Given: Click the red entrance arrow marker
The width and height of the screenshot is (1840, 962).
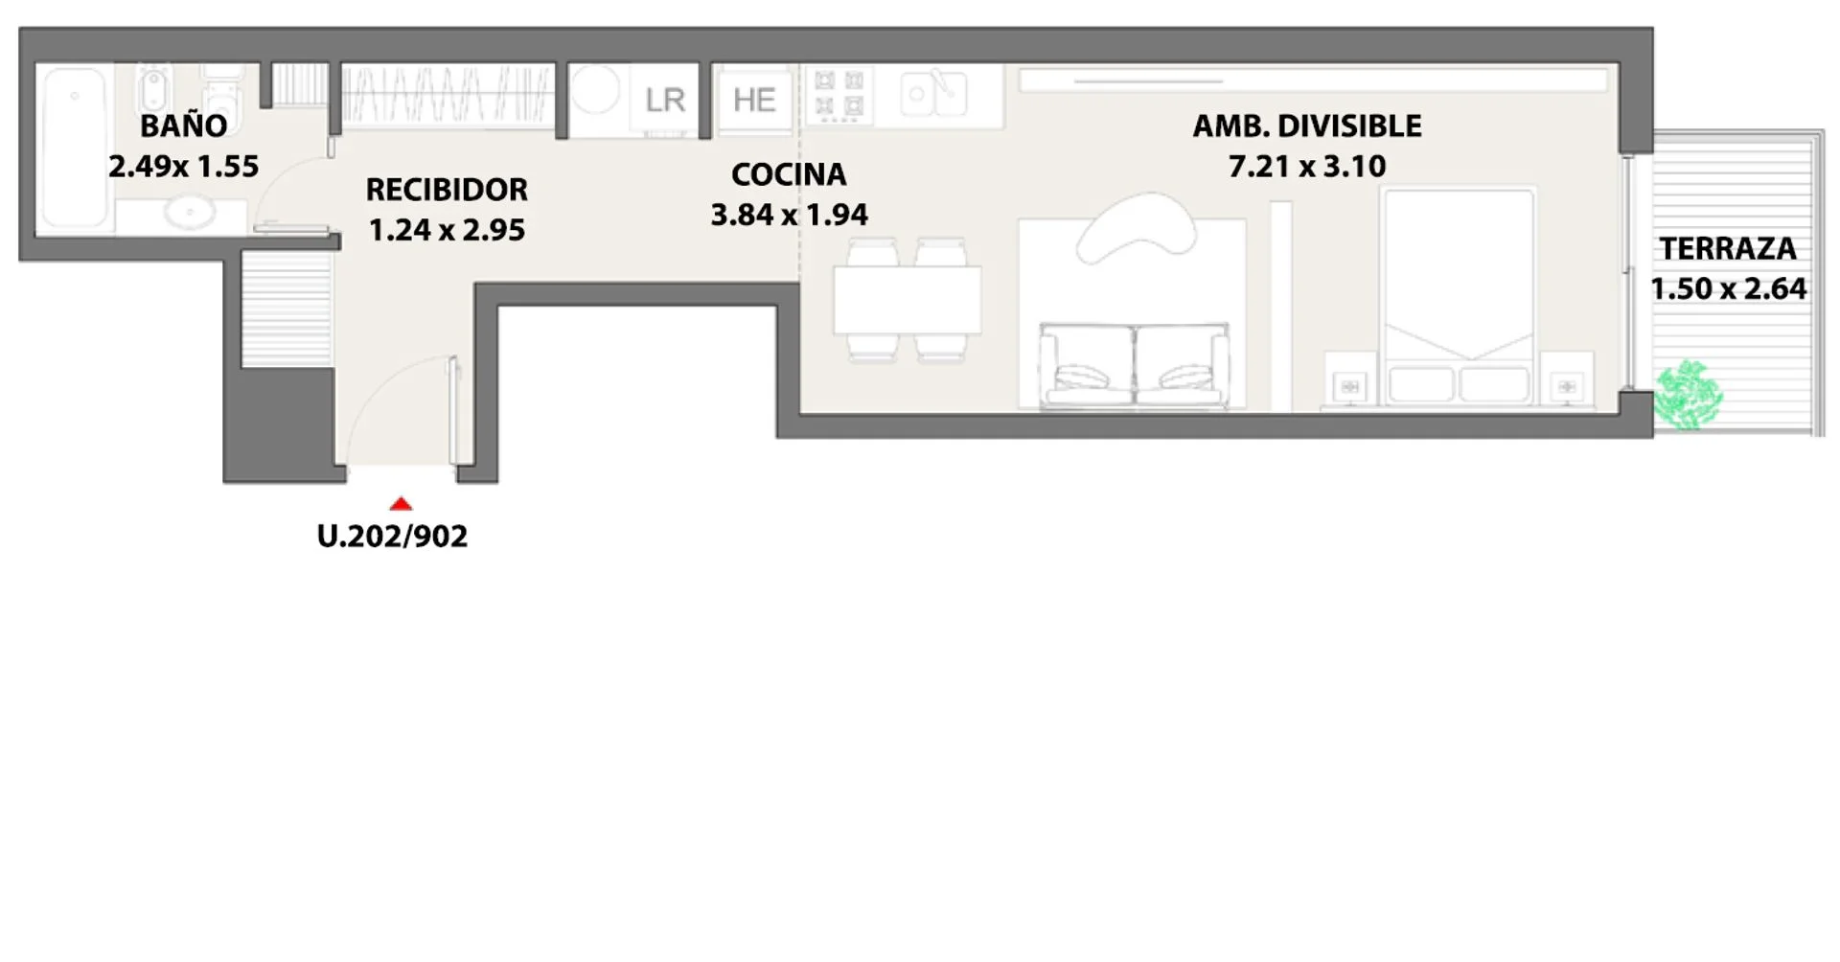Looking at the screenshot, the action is pos(401,504).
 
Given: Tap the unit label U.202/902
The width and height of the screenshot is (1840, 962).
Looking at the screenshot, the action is pos(392,536).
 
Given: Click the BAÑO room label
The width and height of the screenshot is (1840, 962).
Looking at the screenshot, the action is pos(184,126).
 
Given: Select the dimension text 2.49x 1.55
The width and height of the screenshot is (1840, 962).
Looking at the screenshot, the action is pos(183,167).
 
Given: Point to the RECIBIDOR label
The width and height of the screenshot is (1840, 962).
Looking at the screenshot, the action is pos(447,190).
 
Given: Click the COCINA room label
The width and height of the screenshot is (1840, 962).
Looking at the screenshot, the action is pos(789,174).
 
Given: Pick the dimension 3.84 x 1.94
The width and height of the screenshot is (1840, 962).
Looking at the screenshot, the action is pos(789,215).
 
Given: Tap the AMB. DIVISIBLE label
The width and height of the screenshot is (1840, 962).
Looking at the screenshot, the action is pos(1307,126).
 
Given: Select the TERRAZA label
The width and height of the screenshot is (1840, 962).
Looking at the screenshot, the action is pos(1728,249).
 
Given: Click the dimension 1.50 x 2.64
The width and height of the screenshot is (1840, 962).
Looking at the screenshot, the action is pos(1728,288).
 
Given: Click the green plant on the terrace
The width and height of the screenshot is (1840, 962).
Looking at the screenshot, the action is pos(1688,395).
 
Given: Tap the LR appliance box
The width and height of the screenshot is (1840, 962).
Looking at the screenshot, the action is pos(664,100).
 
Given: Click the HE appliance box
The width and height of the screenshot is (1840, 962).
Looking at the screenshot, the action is pos(754,99).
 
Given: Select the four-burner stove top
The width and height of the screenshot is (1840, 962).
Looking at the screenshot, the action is pos(839,94).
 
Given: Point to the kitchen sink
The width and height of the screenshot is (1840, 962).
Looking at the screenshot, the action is pos(933,94).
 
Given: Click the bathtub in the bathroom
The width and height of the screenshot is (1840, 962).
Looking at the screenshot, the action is pos(74,148).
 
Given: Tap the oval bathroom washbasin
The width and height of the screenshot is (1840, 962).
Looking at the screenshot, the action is pos(190,212).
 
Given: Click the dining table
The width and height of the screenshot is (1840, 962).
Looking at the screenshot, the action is pos(907,300).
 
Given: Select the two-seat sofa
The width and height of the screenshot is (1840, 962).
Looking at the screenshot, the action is pos(1135,366).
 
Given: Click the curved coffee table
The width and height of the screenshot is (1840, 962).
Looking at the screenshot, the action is pos(1137,228).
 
